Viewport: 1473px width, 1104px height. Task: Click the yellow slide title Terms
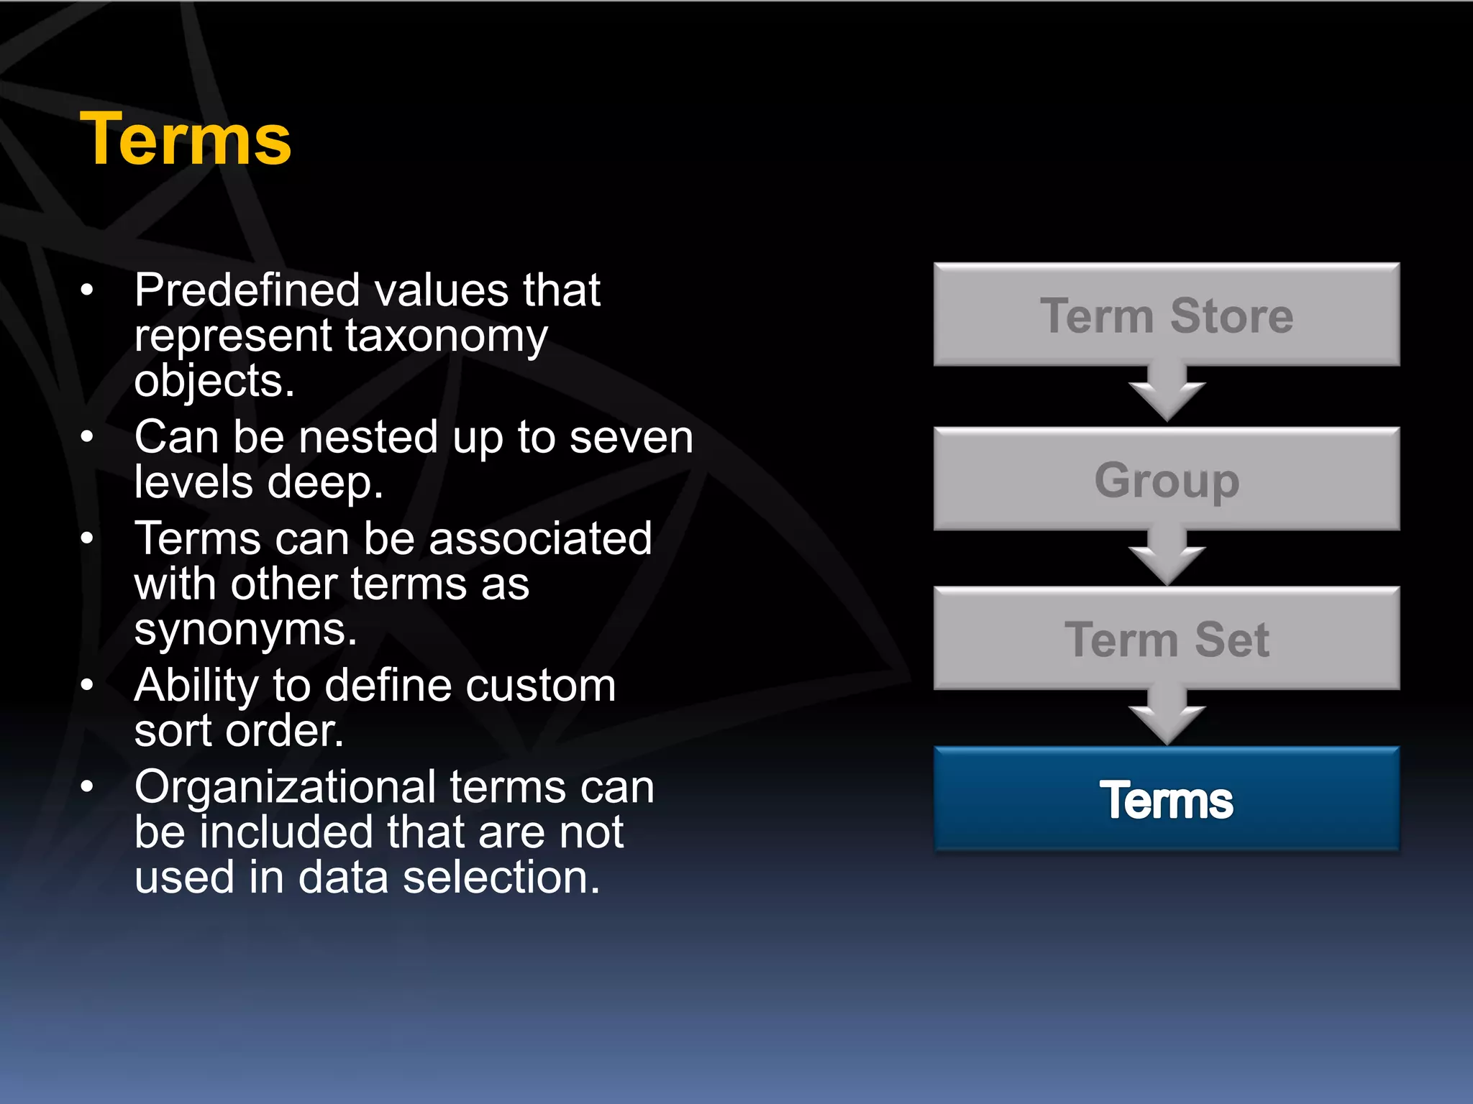click(186, 139)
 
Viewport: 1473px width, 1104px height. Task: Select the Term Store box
click(1166, 316)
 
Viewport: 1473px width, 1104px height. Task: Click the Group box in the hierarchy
click(1166, 479)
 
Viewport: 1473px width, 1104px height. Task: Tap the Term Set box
click(1166, 639)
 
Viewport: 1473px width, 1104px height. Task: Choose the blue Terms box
click(1166, 799)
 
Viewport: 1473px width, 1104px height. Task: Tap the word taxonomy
click(446, 336)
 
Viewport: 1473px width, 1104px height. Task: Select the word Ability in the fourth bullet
click(196, 686)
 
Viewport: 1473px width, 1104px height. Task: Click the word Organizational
click(285, 787)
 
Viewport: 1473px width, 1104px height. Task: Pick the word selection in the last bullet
click(501, 878)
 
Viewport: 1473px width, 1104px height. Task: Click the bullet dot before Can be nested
click(87, 437)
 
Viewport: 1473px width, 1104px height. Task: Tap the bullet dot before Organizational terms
click(87, 787)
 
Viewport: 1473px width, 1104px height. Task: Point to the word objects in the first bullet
click(213, 381)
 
